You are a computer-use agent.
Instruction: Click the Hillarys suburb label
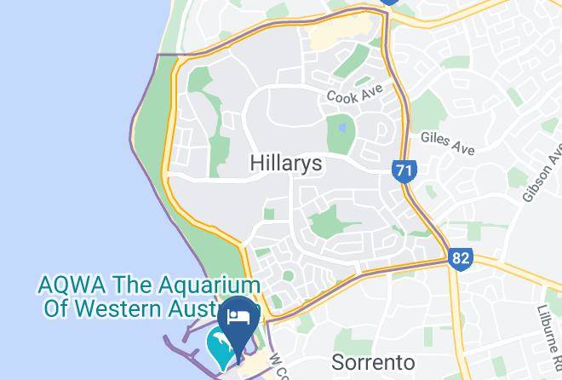(286, 164)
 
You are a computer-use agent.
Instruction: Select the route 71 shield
(404, 170)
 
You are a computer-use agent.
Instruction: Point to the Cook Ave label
(355, 93)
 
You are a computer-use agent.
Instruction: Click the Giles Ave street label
(447, 143)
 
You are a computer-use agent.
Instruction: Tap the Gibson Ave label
(542, 175)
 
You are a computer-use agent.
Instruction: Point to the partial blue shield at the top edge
(390, 3)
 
